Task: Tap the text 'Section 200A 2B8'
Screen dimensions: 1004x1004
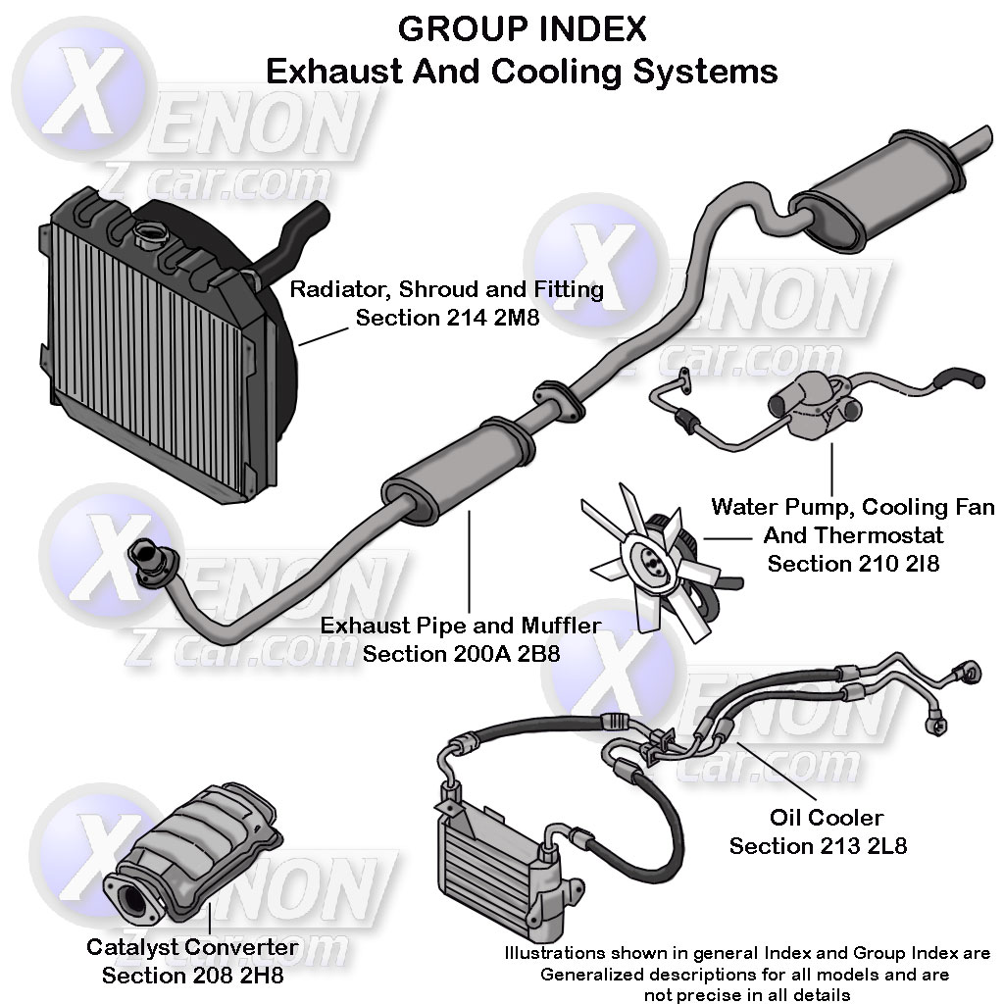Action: coord(461,652)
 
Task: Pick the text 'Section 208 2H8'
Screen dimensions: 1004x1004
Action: coord(192,976)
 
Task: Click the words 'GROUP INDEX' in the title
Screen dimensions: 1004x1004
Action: coord(522,29)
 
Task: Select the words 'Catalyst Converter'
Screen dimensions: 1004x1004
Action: coord(192,947)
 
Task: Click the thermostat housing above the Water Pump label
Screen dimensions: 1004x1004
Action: coord(814,407)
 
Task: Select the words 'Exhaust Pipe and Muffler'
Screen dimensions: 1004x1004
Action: coord(461,625)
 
